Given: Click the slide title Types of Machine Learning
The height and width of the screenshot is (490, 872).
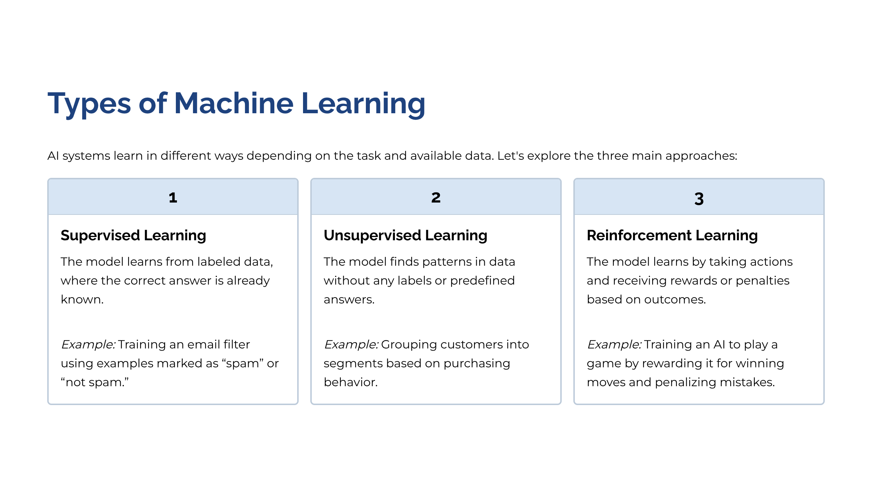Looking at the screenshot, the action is (x=237, y=104).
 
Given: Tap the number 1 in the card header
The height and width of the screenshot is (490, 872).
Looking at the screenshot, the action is (x=173, y=198).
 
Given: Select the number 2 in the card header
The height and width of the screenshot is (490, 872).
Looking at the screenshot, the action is (x=436, y=198).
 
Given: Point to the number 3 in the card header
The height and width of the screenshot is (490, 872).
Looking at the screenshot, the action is (x=699, y=199).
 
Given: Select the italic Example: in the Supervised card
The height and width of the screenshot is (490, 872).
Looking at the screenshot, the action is (x=88, y=345).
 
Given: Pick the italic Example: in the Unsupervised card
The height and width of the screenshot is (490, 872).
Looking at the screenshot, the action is (x=351, y=345).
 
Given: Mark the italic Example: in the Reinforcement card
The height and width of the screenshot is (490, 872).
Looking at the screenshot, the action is (x=614, y=345).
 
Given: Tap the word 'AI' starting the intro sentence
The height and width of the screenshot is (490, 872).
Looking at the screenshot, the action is (x=53, y=156).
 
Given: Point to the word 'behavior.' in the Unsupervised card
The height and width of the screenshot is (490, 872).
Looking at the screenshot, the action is (x=351, y=382).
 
